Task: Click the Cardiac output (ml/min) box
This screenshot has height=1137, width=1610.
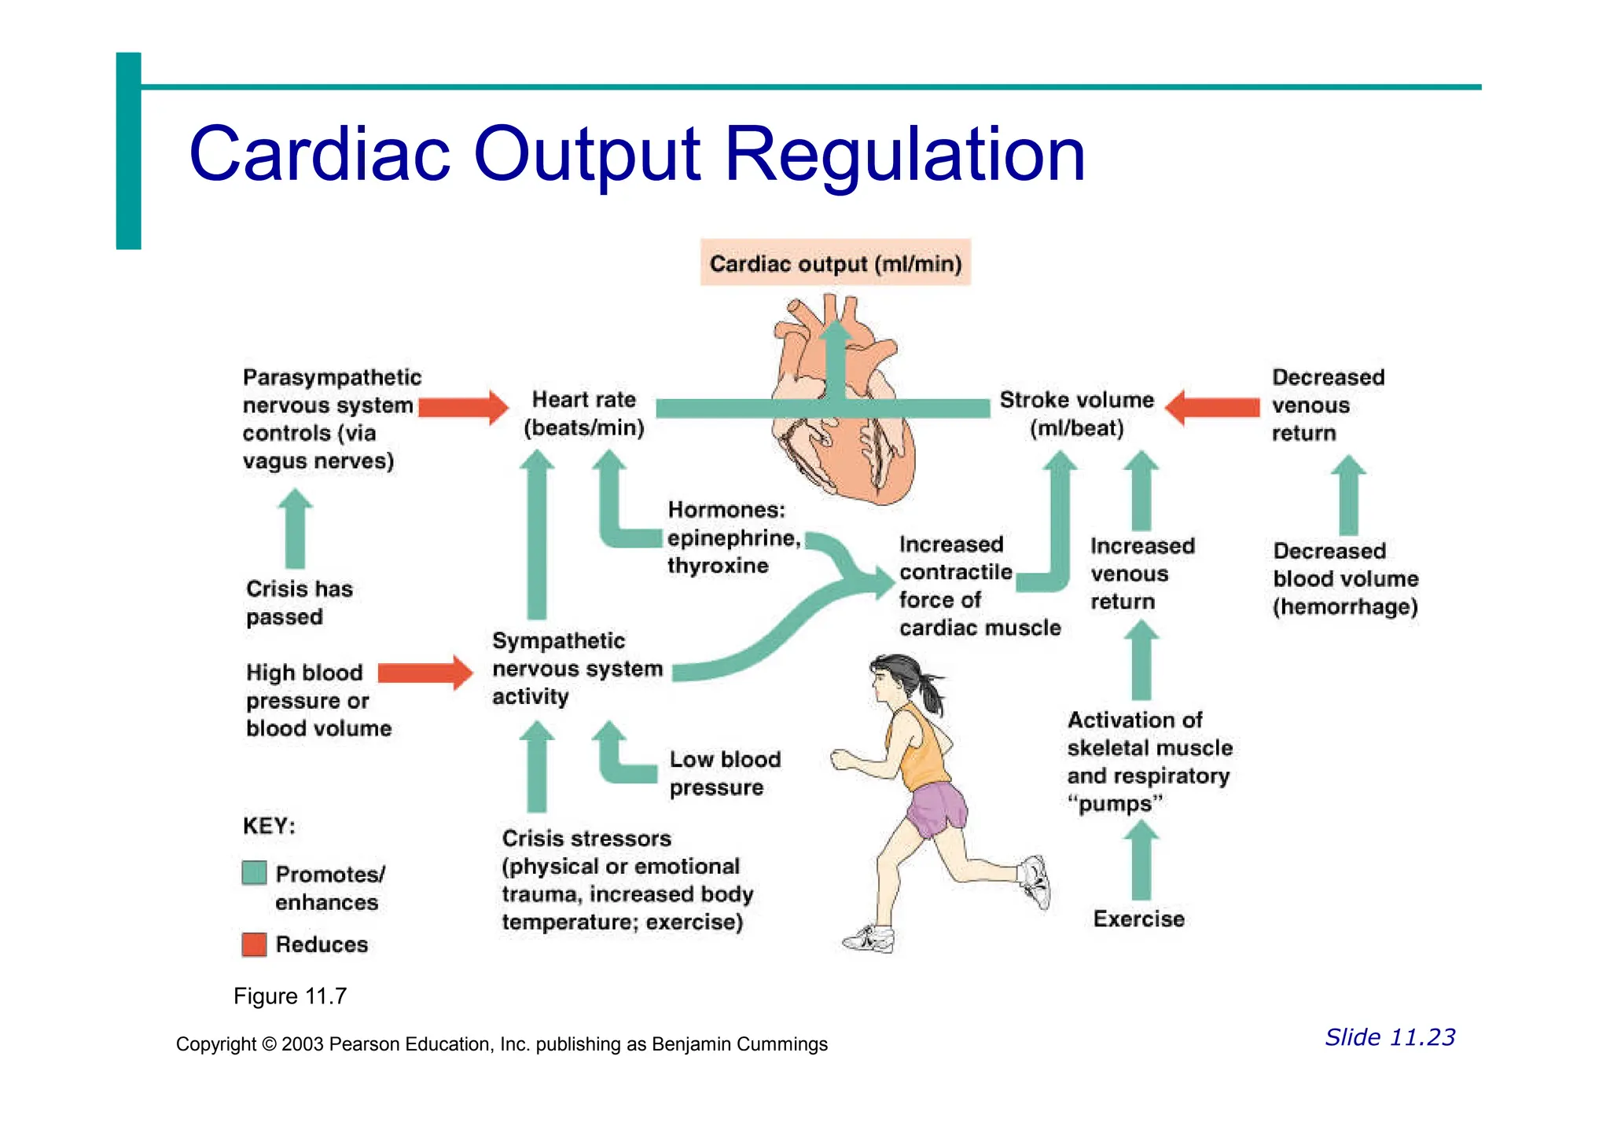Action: point(835,263)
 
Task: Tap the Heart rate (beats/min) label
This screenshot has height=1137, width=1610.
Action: point(584,413)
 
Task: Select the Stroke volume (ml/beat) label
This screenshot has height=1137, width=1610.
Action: point(1076,413)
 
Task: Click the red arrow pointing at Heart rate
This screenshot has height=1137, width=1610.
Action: point(464,407)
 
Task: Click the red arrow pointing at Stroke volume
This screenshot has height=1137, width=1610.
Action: point(1213,407)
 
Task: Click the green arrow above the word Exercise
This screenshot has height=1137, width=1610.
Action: point(1141,860)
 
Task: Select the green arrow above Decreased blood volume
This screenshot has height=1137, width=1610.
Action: point(1348,495)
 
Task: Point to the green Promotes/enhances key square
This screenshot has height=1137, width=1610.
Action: point(254,873)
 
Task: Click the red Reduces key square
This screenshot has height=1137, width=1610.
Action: point(254,944)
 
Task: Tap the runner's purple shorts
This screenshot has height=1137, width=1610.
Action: point(937,809)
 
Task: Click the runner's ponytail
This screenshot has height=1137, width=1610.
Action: point(932,691)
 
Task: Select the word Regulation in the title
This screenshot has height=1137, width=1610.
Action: point(904,155)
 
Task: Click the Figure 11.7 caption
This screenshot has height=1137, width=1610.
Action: point(290,996)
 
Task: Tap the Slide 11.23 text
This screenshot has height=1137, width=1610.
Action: point(1390,1037)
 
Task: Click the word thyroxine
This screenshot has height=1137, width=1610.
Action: point(718,566)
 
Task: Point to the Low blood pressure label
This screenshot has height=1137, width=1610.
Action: point(724,773)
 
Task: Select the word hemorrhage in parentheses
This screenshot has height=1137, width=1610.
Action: point(1345,607)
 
